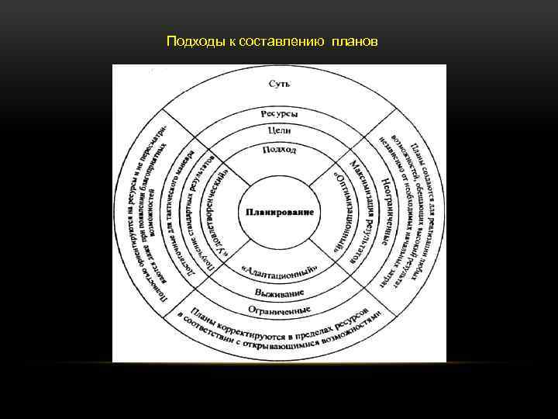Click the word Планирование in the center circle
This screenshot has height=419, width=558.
point(280,212)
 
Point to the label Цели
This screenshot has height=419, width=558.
point(280,131)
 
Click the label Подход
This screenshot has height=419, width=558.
point(280,149)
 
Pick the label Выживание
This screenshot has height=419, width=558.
point(280,293)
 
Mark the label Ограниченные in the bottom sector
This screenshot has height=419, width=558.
point(280,309)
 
